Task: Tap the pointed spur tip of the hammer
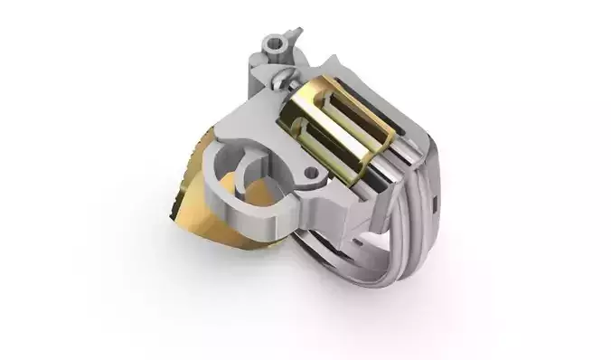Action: [296, 33]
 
